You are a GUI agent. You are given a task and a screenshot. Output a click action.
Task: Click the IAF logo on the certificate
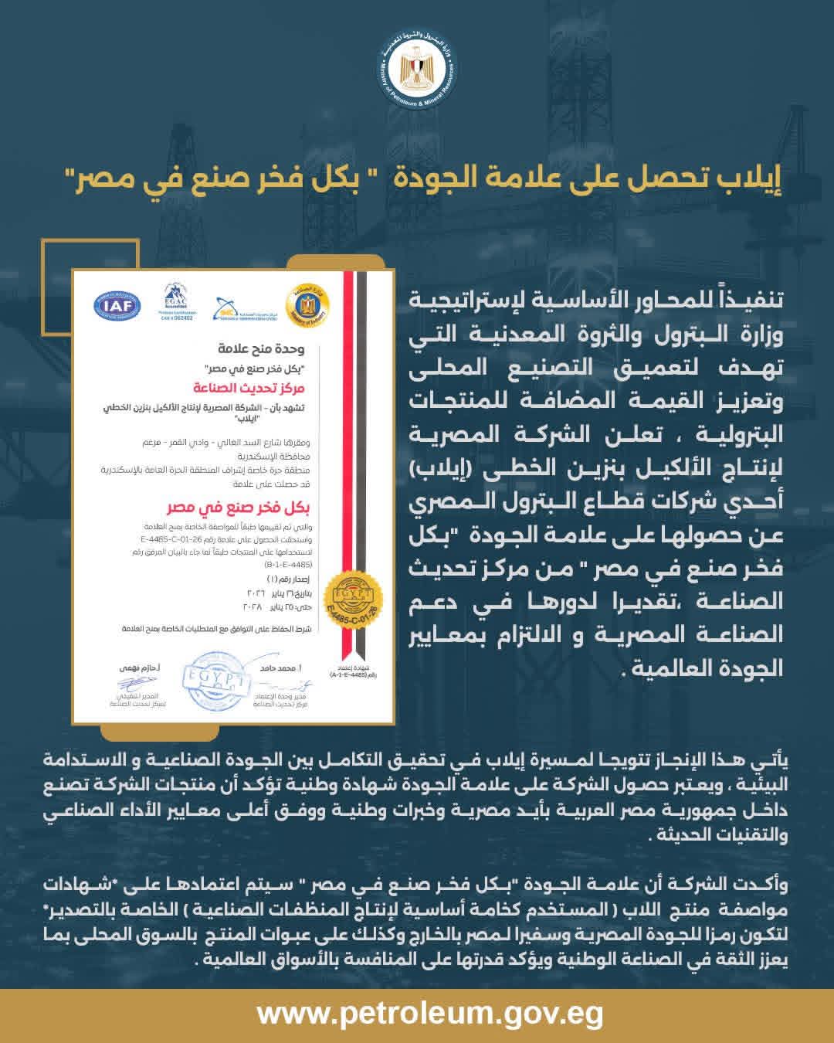117,305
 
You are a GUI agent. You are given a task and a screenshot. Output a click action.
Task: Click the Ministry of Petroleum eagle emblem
418,73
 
